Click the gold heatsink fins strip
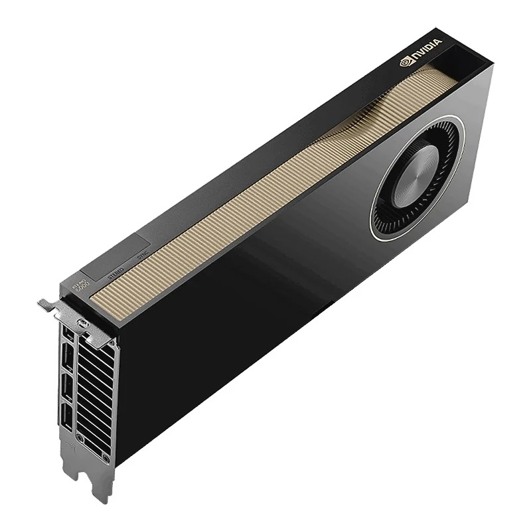point(252,199)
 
